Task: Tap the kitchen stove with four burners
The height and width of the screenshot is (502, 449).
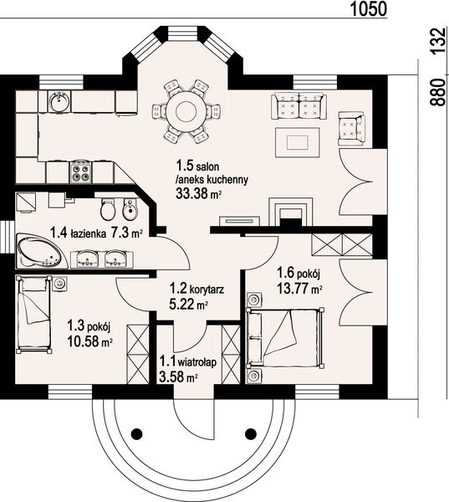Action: [80, 172]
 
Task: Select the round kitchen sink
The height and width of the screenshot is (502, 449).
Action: [59, 101]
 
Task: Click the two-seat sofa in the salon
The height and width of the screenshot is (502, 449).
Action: [298, 106]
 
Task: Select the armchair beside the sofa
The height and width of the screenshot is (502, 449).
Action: [351, 128]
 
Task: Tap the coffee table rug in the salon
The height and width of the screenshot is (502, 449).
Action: [298, 142]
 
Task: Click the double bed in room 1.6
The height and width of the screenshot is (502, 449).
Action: [285, 337]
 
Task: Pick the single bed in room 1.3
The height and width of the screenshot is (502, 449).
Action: [34, 314]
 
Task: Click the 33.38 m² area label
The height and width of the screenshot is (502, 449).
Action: [199, 193]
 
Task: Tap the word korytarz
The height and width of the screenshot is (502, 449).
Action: [207, 289]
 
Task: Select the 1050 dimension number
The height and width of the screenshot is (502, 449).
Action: [369, 9]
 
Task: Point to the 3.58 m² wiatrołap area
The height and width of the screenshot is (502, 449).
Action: [178, 378]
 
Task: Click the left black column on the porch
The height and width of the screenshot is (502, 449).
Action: [136, 433]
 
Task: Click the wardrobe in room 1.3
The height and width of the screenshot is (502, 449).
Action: [138, 354]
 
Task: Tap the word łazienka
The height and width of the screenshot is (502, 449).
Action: [89, 233]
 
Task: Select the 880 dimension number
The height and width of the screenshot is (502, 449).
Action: [437, 93]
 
